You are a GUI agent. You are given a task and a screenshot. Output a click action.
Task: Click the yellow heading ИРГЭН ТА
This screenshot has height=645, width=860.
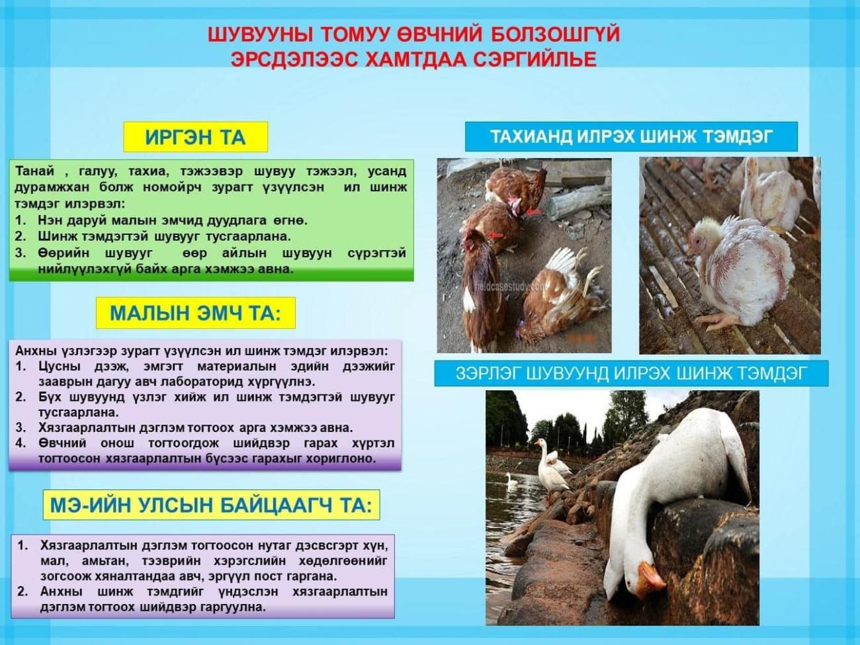(x=196, y=137)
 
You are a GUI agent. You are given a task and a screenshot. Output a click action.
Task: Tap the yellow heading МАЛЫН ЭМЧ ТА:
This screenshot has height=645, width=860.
(x=196, y=313)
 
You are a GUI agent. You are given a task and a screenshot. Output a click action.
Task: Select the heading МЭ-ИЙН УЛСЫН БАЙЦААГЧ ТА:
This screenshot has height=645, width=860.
(x=211, y=505)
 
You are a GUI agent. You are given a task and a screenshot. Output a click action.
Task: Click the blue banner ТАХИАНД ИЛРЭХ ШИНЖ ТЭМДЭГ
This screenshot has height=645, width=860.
(x=631, y=137)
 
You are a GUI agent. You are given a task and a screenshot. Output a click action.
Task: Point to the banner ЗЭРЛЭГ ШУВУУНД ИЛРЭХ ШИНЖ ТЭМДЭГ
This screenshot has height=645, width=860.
(x=631, y=373)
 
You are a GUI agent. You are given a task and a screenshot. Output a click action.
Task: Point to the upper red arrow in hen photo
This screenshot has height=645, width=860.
(x=533, y=212)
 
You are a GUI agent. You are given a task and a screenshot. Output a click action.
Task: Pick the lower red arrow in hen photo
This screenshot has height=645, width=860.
(x=497, y=235)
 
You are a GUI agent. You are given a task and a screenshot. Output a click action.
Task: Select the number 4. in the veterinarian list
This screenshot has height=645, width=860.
(x=21, y=444)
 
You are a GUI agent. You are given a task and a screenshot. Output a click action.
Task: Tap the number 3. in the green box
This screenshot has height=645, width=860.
(x=20, y=253)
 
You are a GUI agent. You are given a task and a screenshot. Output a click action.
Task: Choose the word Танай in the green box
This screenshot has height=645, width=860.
(x=35, y=171)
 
